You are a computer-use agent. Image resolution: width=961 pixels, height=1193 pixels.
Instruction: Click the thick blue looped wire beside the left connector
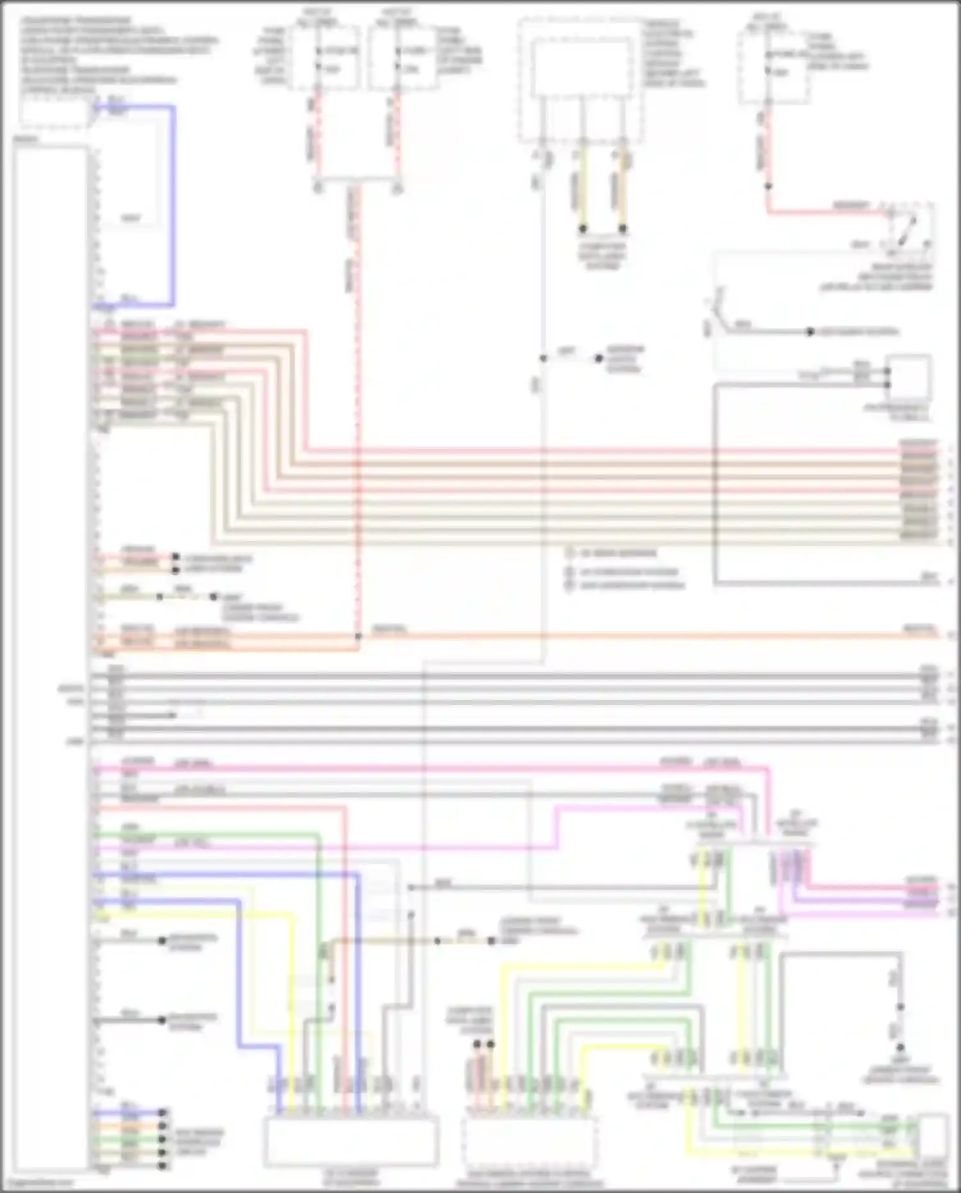point(172,205)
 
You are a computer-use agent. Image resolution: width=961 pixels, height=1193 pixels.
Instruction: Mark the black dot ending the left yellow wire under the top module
point(583,228)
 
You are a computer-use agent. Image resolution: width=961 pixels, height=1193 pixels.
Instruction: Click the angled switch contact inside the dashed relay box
point(907,231)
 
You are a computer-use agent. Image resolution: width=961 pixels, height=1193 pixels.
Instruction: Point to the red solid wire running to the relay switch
point(826,210)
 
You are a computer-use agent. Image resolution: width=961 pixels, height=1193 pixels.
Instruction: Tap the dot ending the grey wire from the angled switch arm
point(810,332)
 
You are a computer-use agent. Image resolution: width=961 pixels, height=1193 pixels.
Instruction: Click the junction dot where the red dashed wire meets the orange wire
point(358,637)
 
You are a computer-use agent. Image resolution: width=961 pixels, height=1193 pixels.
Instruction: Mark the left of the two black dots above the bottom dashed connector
point(477,1044)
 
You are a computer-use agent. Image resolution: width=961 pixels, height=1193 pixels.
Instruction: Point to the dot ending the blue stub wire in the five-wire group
point(163,1113)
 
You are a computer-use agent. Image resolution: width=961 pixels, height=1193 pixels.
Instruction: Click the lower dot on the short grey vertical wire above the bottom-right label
point(900,1047)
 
